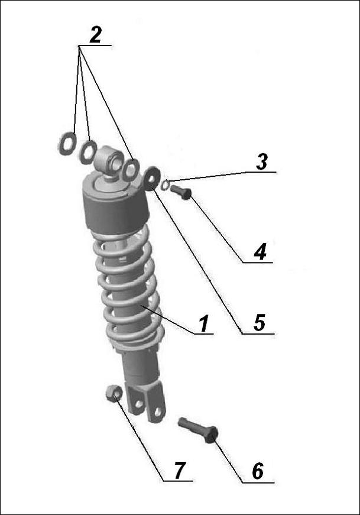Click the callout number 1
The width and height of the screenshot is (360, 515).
coord(204,323)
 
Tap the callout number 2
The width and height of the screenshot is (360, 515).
coord(95,35)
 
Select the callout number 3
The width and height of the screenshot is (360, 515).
coord(262,162)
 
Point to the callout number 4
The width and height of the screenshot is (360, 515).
coord(260,252)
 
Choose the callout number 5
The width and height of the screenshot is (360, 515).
coord(260,322)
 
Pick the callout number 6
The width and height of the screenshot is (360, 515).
coord(258,471)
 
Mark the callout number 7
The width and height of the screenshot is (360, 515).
coord(180,470)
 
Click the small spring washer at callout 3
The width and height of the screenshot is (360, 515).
coord(166,185)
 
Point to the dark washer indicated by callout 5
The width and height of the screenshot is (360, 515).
coord(152,179)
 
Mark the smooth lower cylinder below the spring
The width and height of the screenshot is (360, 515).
coord(140,366)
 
